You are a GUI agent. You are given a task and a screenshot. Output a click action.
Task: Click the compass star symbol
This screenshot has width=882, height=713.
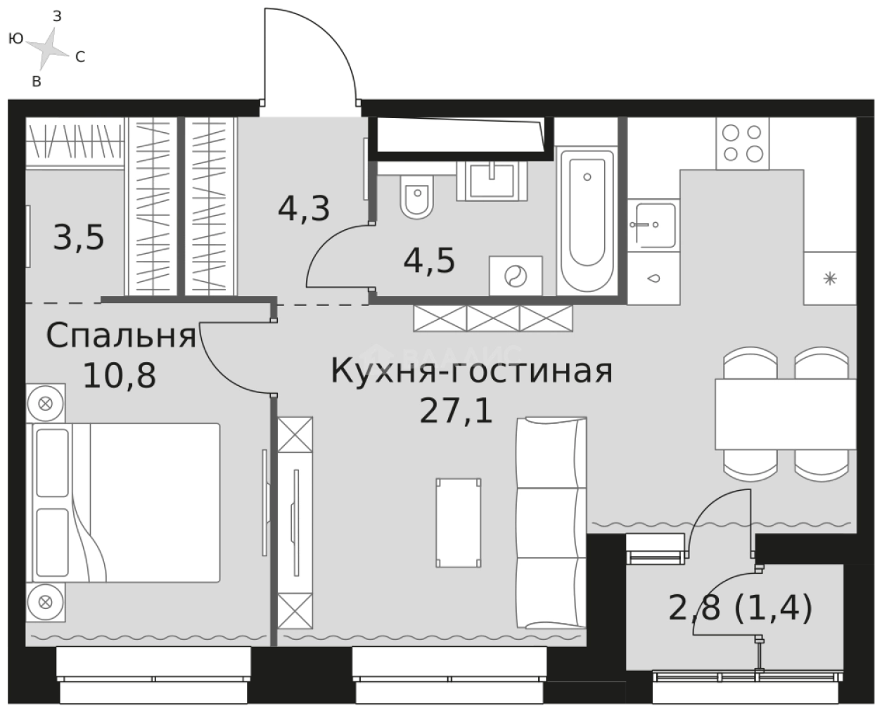[x=46, y=48]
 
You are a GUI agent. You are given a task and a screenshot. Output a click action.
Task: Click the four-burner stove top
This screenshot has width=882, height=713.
[x=742, y=143]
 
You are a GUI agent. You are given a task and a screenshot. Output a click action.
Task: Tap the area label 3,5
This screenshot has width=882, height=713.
[x=79, y=238]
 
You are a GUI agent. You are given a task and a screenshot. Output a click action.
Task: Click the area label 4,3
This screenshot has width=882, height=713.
[x=304, y=209]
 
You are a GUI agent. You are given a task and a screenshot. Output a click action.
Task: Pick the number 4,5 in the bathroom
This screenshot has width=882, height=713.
[x=429, y=261]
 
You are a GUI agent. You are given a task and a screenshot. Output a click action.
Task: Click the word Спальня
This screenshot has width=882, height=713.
[x=120, y=337]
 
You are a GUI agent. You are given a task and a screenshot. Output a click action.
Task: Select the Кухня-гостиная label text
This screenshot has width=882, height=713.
[x=471, y=371]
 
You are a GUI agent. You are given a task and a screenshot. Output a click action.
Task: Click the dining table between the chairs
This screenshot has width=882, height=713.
[x=785, y=414]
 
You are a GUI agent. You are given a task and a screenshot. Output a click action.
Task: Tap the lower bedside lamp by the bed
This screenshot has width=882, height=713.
[x=46, y=601]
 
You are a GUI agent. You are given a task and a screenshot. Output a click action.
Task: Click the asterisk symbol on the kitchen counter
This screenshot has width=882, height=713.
[x=831, y=278]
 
